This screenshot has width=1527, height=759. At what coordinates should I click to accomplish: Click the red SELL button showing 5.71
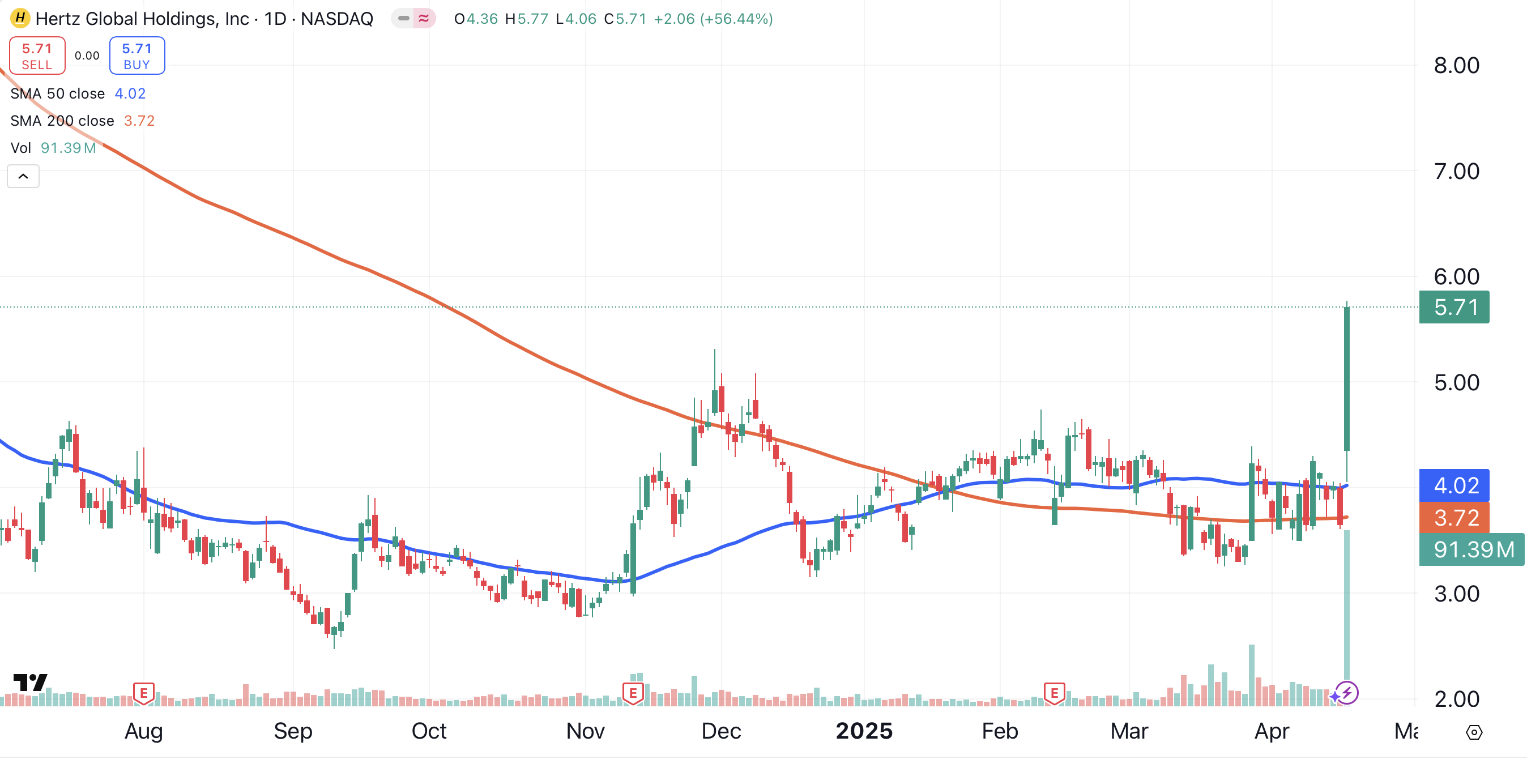(x=37, y=56)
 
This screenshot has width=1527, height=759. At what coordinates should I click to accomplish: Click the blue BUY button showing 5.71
(x=137, y=56)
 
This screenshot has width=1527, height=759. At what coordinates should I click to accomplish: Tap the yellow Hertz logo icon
(x=20, y=18)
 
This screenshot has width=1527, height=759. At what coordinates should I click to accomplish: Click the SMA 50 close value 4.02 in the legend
(x=130, y=93)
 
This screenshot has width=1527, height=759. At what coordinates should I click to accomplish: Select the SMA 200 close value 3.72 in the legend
(x=139, y=121)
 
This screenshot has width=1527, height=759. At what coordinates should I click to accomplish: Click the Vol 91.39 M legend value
(x=68, y=148)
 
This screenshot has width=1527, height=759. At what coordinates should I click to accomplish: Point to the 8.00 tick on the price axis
(x=1456, y=65)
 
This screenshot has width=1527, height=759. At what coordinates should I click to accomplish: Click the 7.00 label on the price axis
(x=1456, y=172)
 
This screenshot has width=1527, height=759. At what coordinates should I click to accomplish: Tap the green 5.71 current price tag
(x=1454, y=307)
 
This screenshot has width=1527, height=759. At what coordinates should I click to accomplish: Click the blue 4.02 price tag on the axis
(x=1454, y=485)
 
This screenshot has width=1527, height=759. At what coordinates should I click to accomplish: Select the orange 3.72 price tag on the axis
(x=1454, y=518)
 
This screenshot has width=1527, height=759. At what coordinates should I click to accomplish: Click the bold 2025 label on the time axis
(x=864, y=731)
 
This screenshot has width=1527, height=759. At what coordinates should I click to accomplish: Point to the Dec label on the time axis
(x=721, y=731)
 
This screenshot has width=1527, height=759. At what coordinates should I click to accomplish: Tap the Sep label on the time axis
(x=293, y=731)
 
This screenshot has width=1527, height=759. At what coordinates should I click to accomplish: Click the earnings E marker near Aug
(x=143, y=693)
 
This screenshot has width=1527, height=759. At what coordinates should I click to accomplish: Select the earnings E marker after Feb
(x=1054, y=693)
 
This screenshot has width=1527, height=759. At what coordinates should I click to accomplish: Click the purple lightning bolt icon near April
(x=1347, y=693)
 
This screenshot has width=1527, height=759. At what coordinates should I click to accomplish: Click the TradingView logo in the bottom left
(x=29, y=683)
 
